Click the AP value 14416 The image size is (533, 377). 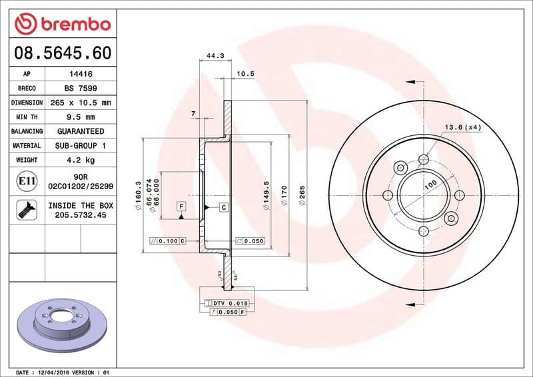tap(80, 75)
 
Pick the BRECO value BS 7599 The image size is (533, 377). tap(80, 89)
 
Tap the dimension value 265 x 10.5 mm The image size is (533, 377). tap(80, 103)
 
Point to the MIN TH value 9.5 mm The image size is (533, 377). tap(80, 117)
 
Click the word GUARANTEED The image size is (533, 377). tap(80, 131)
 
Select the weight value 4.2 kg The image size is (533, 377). tap(80, 160)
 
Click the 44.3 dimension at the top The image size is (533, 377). tap(215, 56)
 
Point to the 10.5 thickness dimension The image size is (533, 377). tap(246, 74)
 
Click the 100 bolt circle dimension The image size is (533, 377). tap(430, 184)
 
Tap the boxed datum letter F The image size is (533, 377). tap(181, 207)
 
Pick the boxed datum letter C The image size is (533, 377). tap(223, 207)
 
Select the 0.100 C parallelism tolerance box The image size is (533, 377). tap(167, 240)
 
